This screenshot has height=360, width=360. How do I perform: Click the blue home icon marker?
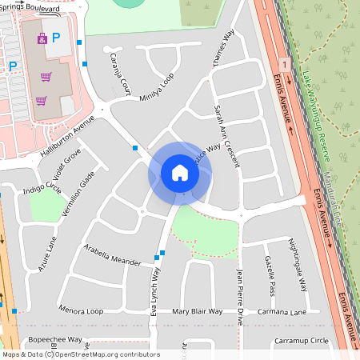pyautogui.click(x=180, y=172)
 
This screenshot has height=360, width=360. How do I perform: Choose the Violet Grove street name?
pyautogui.click(x=62, y=166)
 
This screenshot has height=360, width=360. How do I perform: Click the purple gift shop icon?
pyautogui.click(x=42, y=38)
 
